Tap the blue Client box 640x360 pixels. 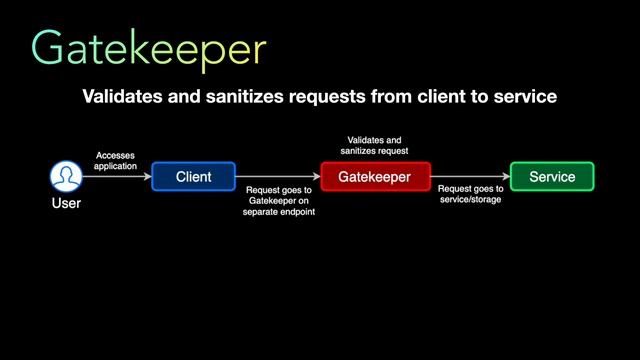point(193,177)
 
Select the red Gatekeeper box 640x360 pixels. point(375,177)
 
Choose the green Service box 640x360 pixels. point(552,177)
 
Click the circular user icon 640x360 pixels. point(66,177)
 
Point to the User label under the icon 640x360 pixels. point(66,204)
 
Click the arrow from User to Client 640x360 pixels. point(116,178)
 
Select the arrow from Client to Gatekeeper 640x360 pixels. point(278,178)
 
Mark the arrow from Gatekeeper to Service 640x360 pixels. point(470,178)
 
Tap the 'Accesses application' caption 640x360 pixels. point(116,160)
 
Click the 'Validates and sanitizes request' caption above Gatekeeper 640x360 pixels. point(375,146)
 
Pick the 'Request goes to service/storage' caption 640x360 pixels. point(470,193)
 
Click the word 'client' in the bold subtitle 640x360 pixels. point(437,97)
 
